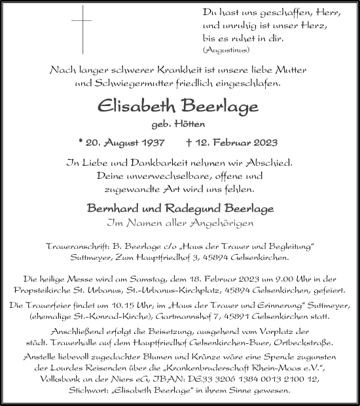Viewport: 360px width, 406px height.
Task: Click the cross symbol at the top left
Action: click(x=83, y=29)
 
